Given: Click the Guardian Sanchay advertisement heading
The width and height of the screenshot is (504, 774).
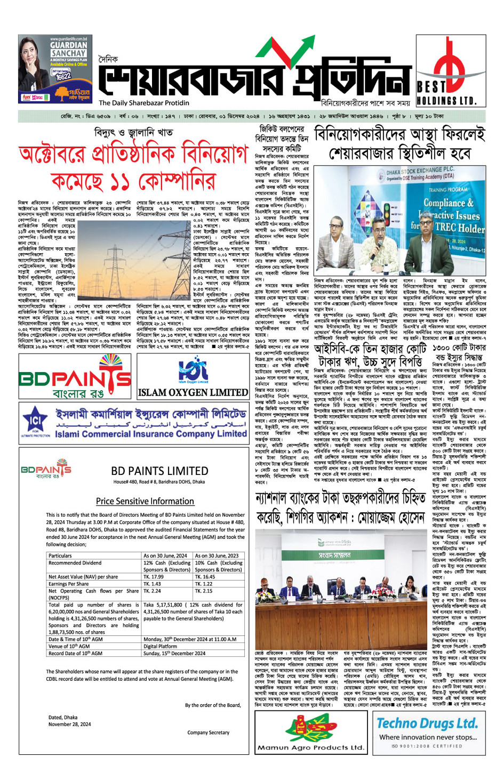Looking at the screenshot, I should [68, 49].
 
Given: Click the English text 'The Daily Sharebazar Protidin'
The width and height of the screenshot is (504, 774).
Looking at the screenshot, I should [144, 103].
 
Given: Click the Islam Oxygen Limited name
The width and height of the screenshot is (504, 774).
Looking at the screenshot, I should [193, 392].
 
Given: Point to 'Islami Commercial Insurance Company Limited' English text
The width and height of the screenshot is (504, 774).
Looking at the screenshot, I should [151, 434].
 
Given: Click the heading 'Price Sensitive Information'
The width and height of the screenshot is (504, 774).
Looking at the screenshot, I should [145, 501].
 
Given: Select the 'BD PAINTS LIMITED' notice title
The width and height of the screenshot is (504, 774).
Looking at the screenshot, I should [159, 471].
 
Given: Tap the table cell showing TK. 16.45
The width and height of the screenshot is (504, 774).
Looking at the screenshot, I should [205, 577].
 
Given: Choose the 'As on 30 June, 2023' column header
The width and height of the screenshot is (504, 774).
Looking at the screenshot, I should [217, 555].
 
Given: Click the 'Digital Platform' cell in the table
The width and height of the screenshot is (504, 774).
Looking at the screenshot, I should [161, 646].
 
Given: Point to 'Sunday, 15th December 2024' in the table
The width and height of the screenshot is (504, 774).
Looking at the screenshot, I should [174, 653].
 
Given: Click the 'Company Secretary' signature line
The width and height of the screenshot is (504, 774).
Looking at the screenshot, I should [208, 732].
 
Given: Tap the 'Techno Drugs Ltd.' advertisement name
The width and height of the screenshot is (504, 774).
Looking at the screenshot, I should [427, 723].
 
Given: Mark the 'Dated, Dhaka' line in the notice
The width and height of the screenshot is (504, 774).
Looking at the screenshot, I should [63, 717].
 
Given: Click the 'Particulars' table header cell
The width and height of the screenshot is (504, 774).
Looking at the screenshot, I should [60, 555].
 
